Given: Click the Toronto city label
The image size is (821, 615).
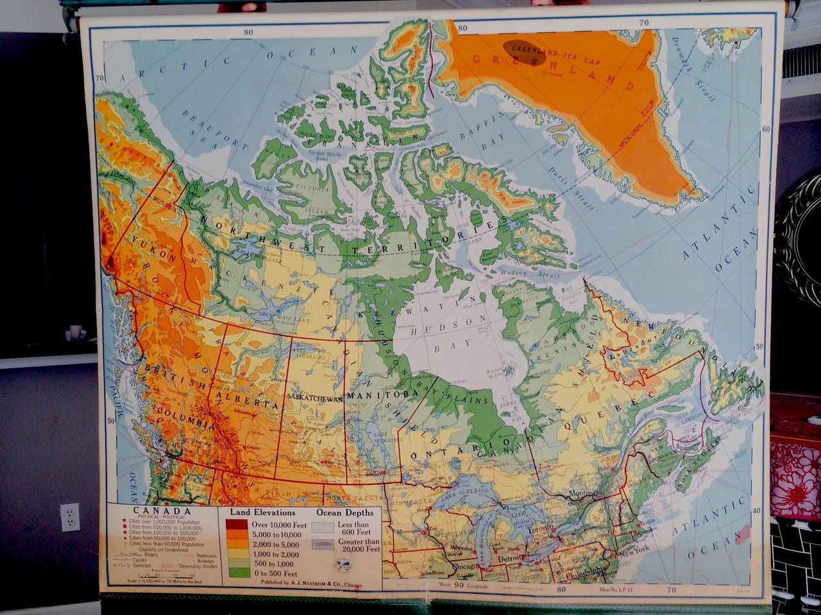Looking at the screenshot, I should [x=536, y=531].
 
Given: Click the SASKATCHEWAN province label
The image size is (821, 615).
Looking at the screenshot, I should [x=316, y=397].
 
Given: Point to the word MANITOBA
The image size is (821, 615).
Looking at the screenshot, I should [x=373, y=395].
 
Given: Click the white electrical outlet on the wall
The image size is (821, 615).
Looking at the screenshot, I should [x=69, y=517].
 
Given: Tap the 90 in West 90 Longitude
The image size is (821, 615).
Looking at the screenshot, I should [x=459, y=584].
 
